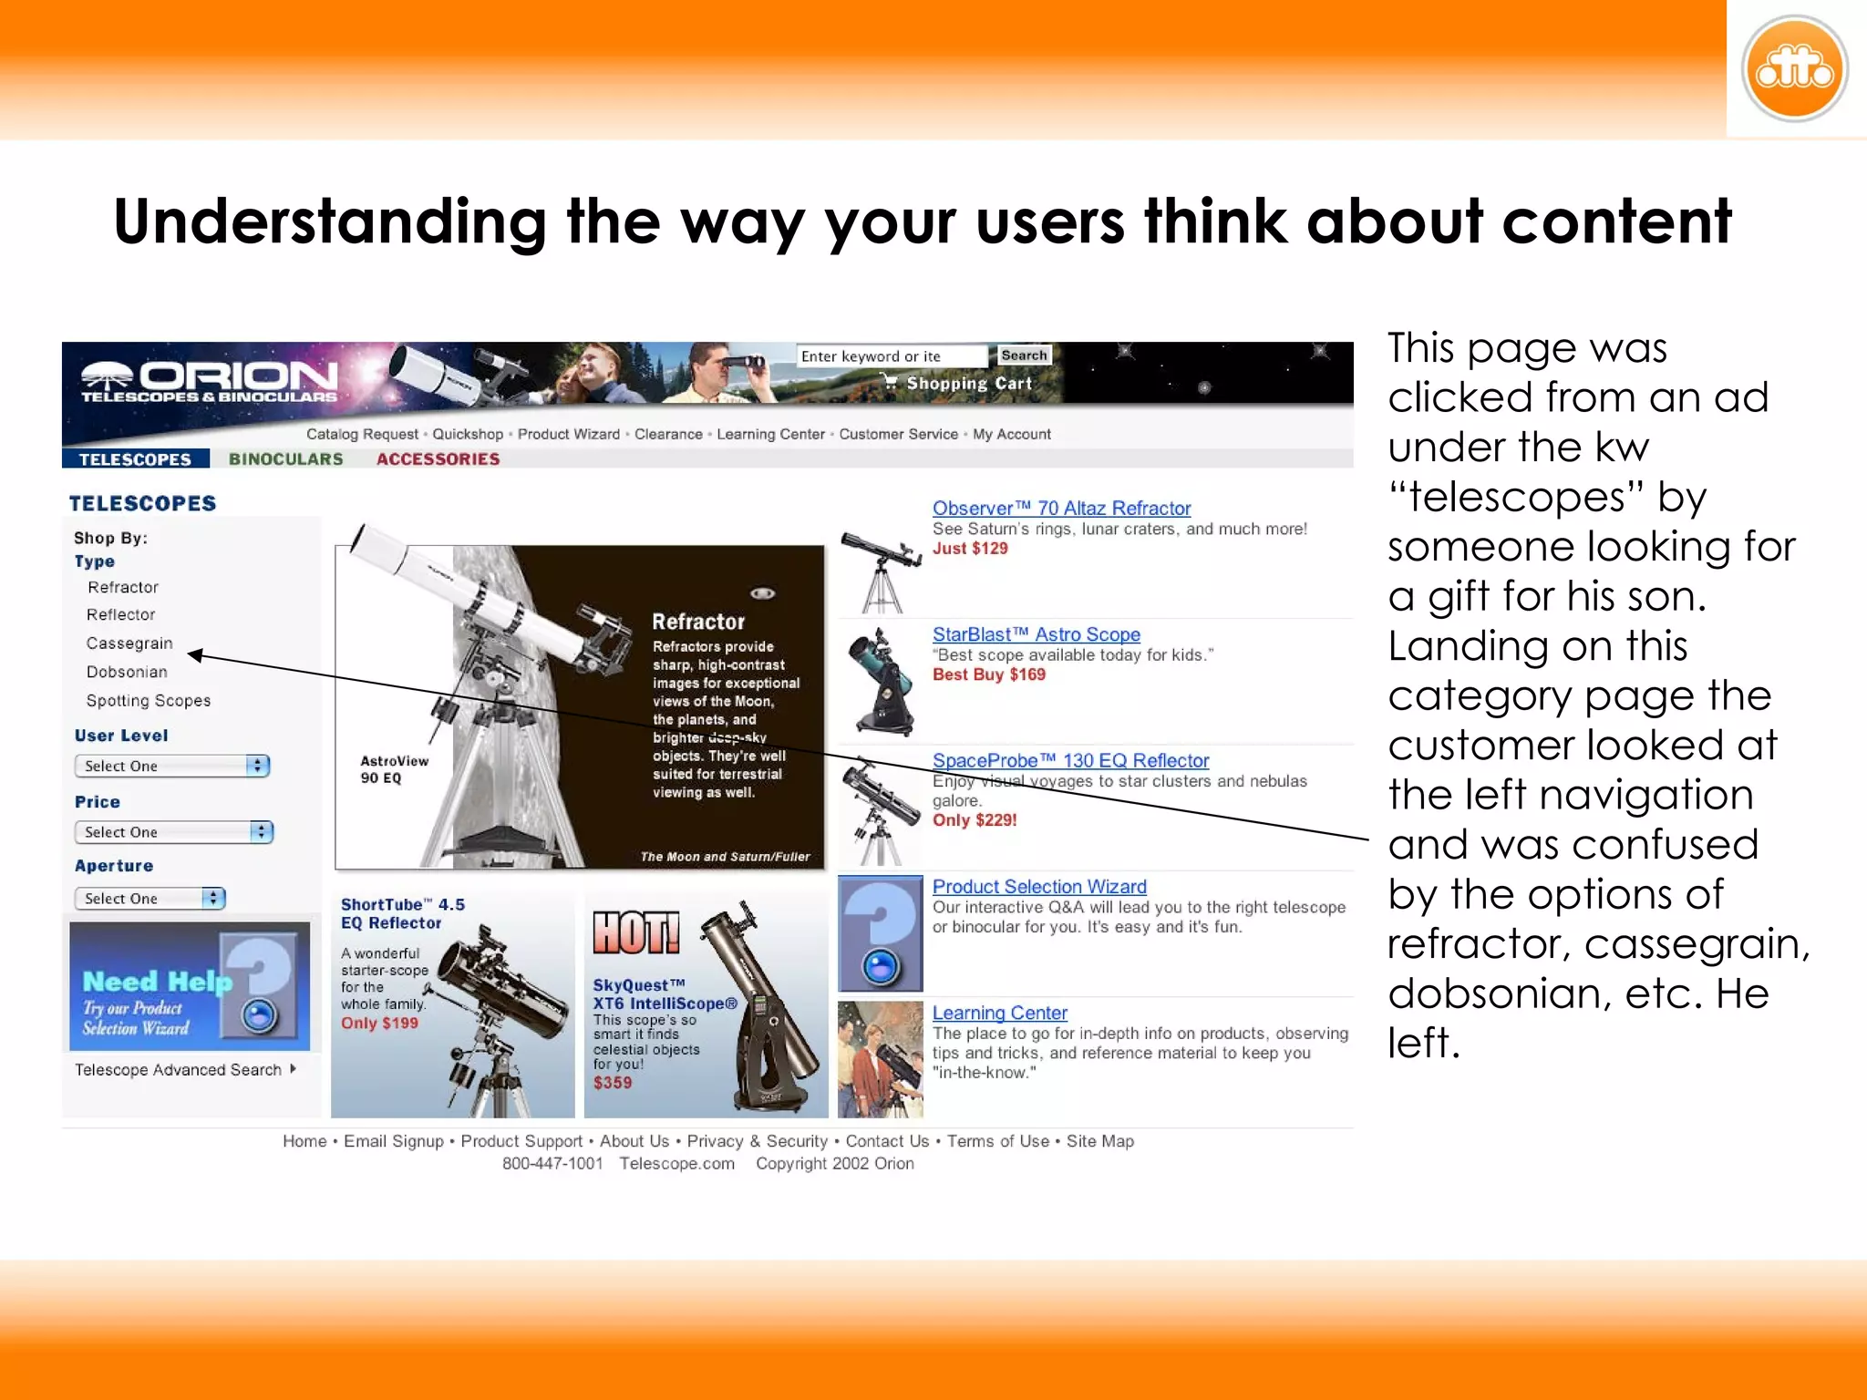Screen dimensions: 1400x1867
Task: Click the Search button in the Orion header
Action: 1024,355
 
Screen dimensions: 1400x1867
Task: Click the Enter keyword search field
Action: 891,356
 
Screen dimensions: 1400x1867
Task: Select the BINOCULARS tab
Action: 285,459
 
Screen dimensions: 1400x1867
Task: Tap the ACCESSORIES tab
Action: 438,459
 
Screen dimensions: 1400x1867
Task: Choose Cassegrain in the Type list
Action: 129,643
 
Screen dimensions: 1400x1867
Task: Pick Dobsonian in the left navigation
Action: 127,672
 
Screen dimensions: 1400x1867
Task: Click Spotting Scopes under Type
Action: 148,701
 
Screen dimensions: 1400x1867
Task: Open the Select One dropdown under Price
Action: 173,832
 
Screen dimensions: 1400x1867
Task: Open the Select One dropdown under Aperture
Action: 150,899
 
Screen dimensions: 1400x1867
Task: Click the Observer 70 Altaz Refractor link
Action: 1061,509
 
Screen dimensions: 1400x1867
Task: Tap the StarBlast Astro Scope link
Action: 1036,634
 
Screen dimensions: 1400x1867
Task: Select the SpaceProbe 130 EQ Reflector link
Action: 1070,760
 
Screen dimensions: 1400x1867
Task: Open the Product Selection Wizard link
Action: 1039,887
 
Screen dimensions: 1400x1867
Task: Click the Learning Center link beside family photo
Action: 999,1013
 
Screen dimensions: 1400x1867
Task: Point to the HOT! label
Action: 636,933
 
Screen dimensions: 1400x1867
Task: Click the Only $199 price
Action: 379,1024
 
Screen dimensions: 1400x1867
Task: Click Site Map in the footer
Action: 1099,1141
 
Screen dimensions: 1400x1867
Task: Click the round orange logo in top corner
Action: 1794,69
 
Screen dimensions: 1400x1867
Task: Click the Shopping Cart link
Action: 967,384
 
